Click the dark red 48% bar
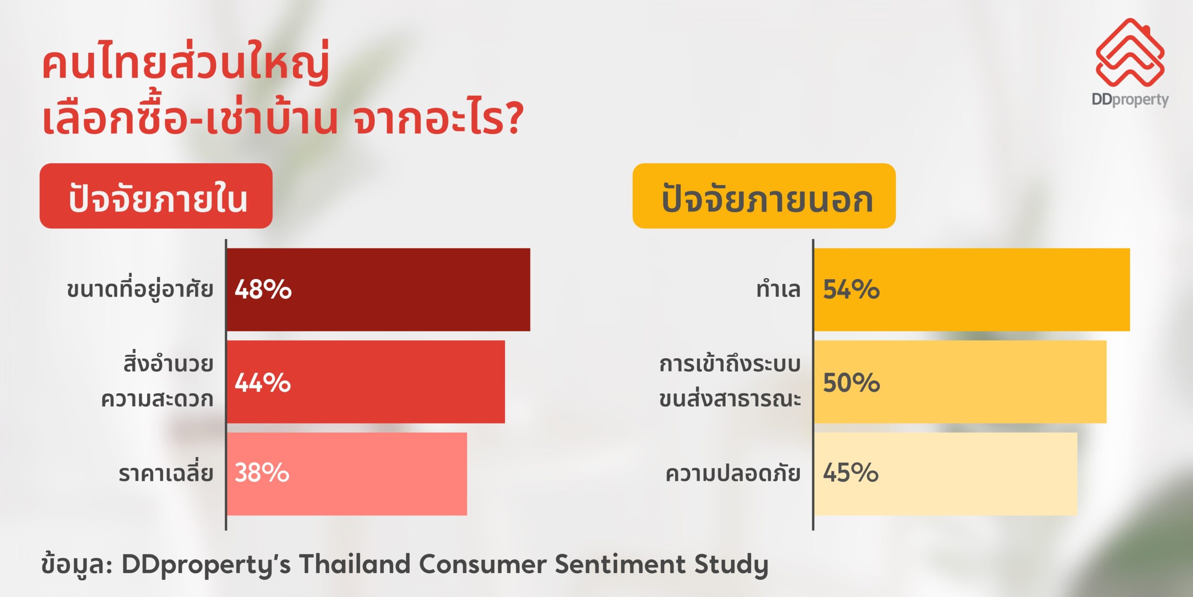[x=378, y=290]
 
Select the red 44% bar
[x=366, y=382]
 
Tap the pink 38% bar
[x=347, y=474]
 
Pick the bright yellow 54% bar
[x=972, y=290]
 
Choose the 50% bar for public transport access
[x=960, y=382]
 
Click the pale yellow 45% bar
[x=946, y=474]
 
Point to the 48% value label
[x=263, y=289]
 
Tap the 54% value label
[x=851, y=289]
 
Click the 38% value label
[x=262, y=472]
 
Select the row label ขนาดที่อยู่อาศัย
[x=140, y=289]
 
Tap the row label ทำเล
[x=779, y=289]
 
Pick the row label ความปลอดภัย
[x=733, y=472]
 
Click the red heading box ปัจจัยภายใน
[x=156, y=196]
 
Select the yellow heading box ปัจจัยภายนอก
[x=764, y=196]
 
